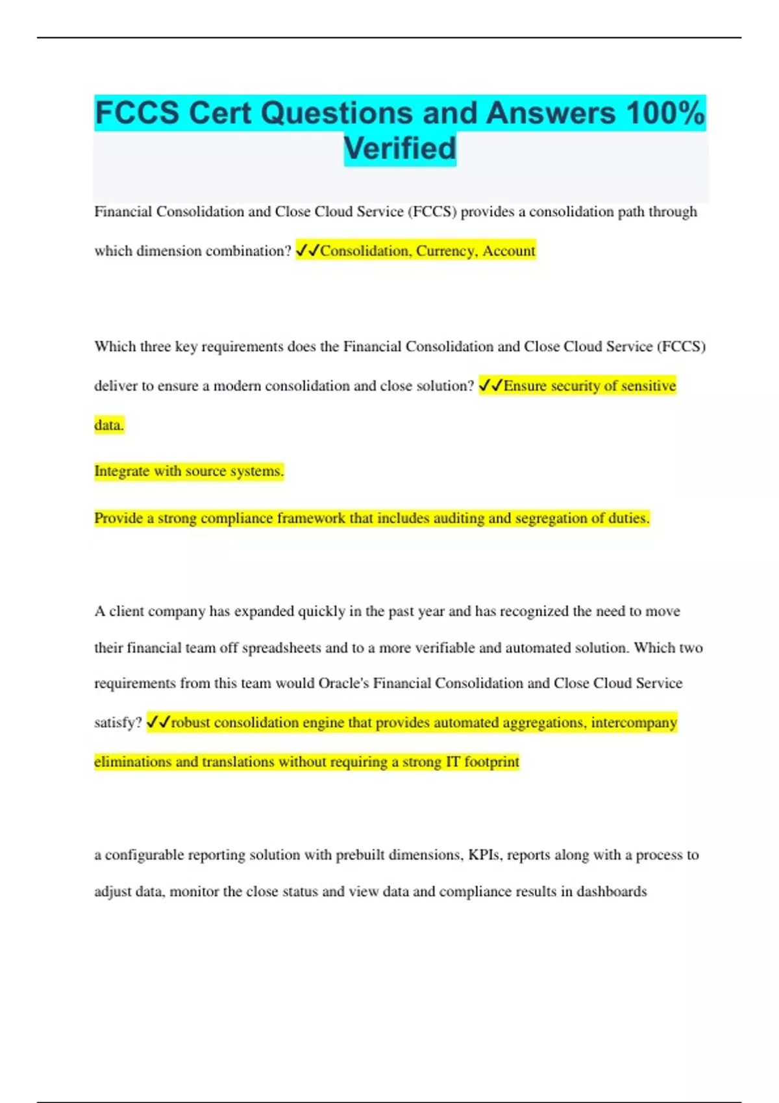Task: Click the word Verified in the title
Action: (x=400, y=149)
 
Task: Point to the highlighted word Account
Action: (x=508, y=251)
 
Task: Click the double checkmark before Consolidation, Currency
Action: (x=308, y=250)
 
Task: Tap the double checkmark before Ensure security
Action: (x=491, y=385)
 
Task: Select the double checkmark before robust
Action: (x=158, y=722)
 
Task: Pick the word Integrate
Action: (x=122, y=471)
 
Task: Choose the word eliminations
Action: (x=132, y=762)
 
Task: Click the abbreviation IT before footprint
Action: (x=452, y=762)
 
